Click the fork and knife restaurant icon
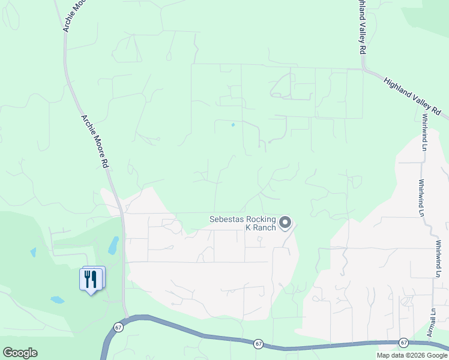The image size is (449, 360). [91, 279]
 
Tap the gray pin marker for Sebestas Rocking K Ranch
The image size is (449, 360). [285, 223]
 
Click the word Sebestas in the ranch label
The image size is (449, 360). [226, 219]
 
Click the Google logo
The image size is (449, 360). [20, 353]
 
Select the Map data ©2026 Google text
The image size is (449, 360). [411, 355]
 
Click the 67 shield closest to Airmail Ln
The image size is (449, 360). [403, 342]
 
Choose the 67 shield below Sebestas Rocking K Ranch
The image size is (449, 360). [258, 343]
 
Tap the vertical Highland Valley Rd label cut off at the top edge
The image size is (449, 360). [362, 27]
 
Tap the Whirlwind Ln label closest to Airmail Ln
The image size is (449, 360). [439, 259]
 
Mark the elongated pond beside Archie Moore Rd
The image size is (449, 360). [113, 245]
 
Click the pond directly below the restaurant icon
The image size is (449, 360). [58, 299]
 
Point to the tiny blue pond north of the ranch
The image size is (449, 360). [233, 125]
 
